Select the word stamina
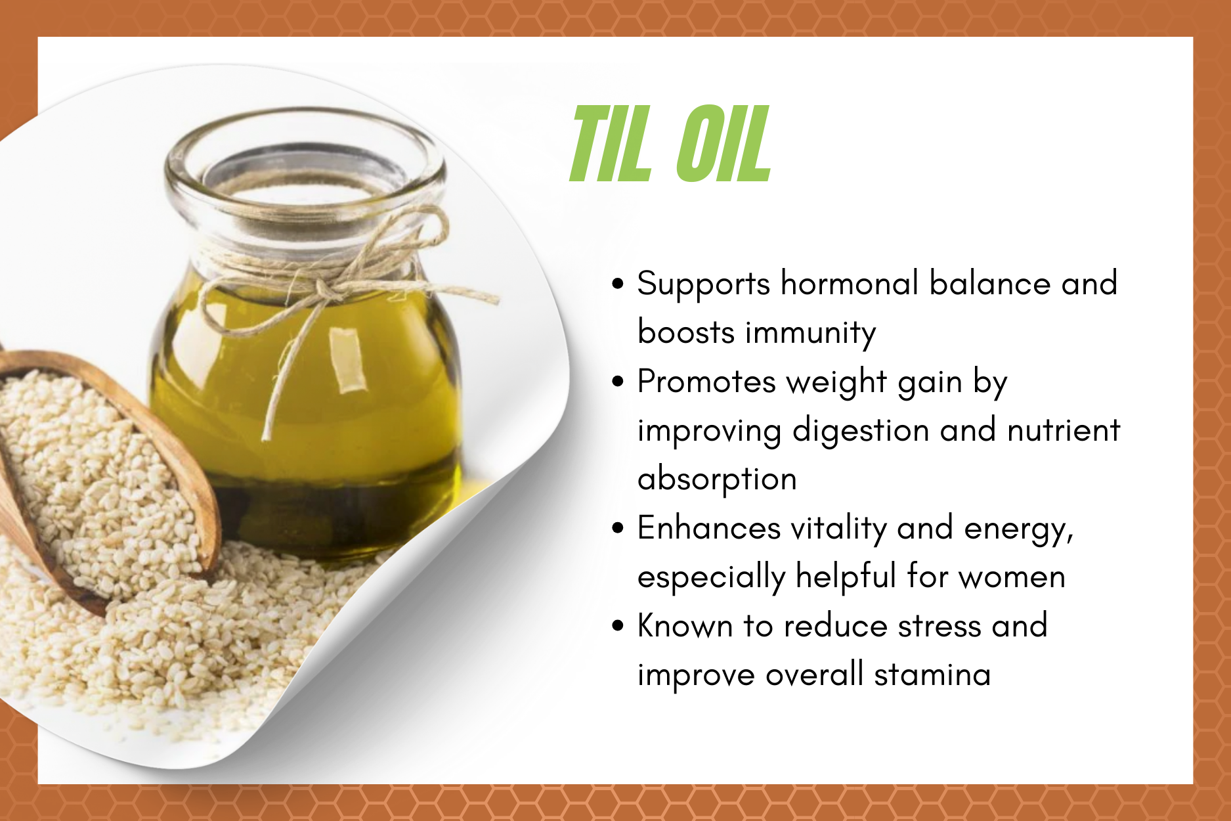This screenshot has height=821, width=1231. click(932, 675)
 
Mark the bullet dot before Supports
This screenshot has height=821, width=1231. click(617, 284)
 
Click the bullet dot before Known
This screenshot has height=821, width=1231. click(617, 626)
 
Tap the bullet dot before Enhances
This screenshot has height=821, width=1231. click(617, 529)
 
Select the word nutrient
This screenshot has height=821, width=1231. click(1064, 430)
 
